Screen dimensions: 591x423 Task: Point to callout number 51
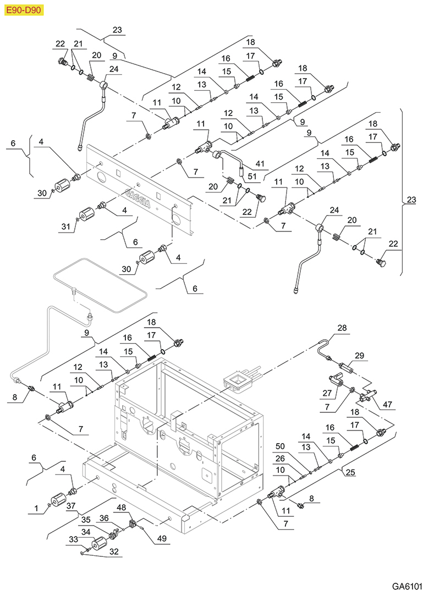(252, 176)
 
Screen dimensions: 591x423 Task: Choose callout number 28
(342, 328)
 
